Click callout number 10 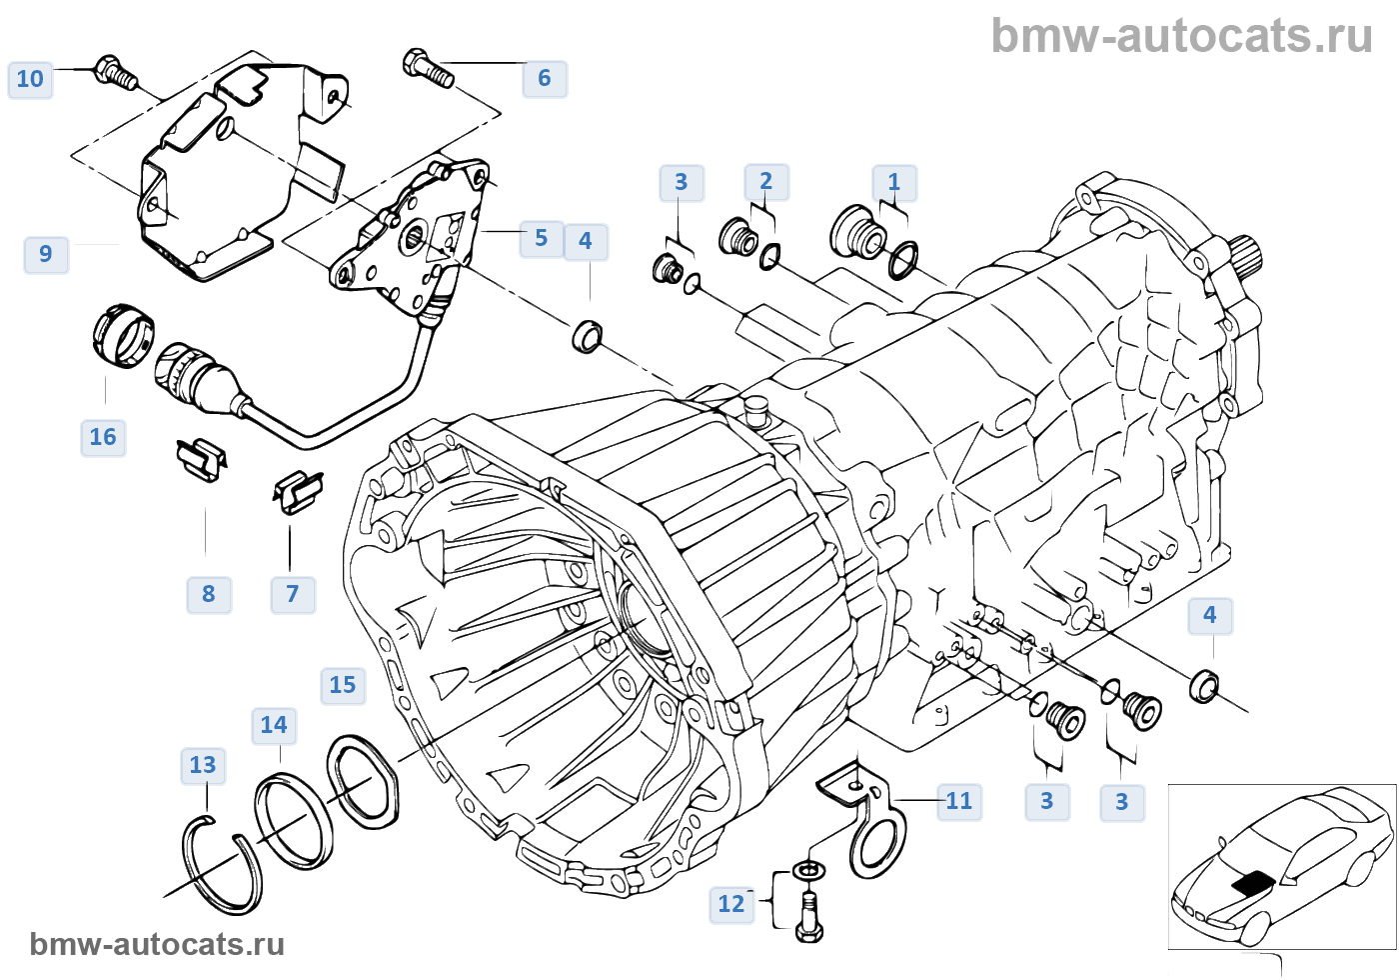pyautogui.click(x=30, y=79)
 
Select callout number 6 pyautogui.click(x=545, y=78)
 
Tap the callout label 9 pyautogui.click(x=46, y=254)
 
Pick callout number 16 pyautogui.click(x=103, y=437)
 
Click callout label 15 pyautogui.click(x=343, y=685)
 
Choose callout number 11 pyautogui.click(x=959, y=801)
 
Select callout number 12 pyautogui.click(x=731, y=904)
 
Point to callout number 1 pyautogui.click(x=894, y=183)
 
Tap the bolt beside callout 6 pyautogui.click(x=429, y=68)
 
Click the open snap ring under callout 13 pyautogui.click(x=222, y=865)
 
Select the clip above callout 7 pyautogui.click(x=297, y=490)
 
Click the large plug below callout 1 pyautogui.click(x=858, y=233)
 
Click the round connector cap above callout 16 pyautogui.click(x=124, y=334)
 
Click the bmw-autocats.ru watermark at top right pyautogui.click(x=1181, y=36)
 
